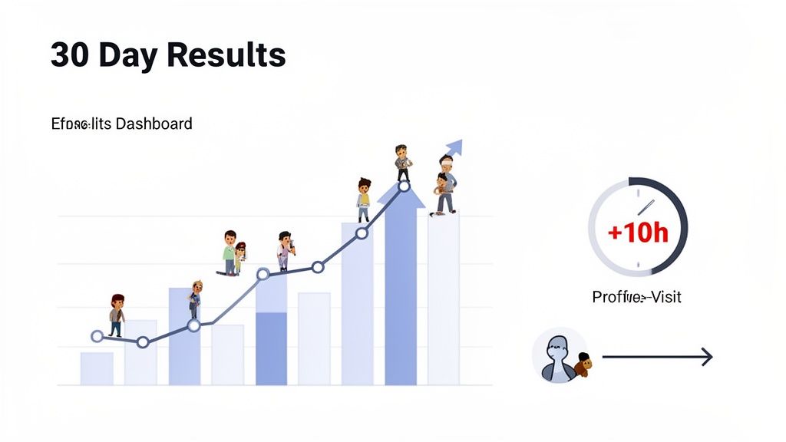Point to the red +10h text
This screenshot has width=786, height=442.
pyautogui.click(x=638, y=231)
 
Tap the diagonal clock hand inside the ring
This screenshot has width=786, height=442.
pyautogui.click(x=645, y=208)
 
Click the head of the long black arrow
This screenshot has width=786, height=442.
pyautogui.click(x=706, y=357)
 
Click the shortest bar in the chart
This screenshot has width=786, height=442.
pyautogui.click(x=97, y=368)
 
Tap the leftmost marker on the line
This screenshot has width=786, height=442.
pyautogui.click(x=97, y=336)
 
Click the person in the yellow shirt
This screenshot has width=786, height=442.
pyautogui.click(x=364, y=197)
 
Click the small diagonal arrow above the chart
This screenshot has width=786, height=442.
pyautogui.click(x=453, y=148)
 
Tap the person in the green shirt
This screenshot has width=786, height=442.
pyautogui.click(x=230, y=252)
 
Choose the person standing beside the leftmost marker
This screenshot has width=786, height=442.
pyautogui.click(x=117, y=315)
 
